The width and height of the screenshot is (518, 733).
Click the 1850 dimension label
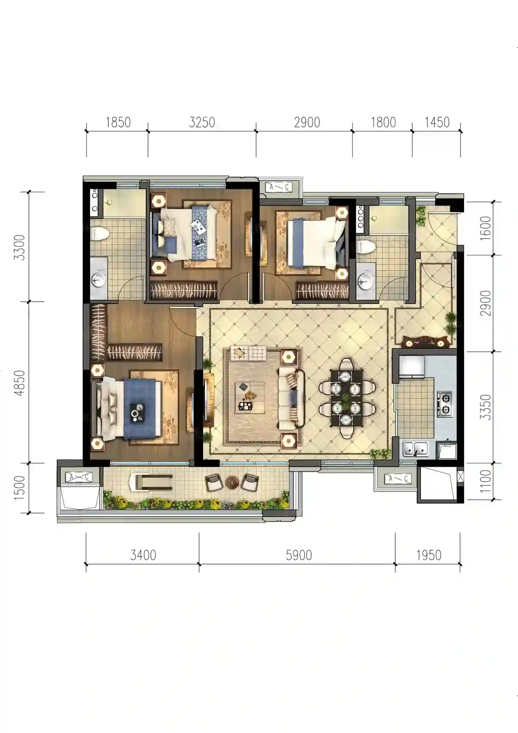click(x=118, y=122)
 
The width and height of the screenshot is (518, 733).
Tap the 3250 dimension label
click(x=202, y=122)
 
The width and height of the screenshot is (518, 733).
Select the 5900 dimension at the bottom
click(x=299, y=555)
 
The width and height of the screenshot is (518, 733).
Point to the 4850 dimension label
click(x=20, y=383)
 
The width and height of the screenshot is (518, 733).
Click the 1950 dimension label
click(x=429, y=555)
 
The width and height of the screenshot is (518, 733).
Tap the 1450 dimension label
click(x=437, y=122)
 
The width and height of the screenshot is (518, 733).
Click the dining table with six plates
click(x=347, y=398)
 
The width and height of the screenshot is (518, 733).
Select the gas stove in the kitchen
click(x=445, y=404)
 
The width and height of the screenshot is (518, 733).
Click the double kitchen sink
click(x=416, y=449)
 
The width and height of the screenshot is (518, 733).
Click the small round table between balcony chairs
click(x=232, y=482)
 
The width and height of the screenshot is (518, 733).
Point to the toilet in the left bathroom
click(x=100, y=234)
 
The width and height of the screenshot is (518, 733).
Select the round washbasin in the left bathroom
click(x=97, y=280)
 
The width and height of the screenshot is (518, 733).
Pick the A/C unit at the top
click(x=279, y=187)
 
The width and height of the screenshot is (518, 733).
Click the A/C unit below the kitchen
click(x=398, y=479)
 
